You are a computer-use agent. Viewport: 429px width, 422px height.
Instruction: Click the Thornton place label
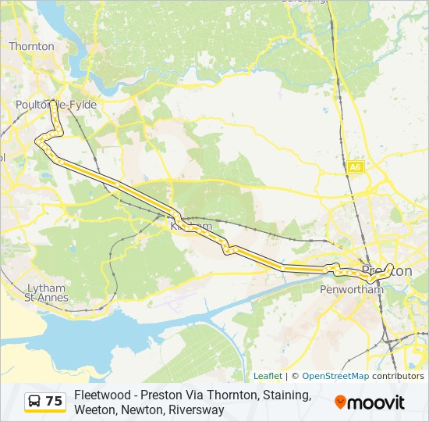pos(31,46)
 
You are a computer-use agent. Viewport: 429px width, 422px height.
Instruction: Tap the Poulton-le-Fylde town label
pos(56,105)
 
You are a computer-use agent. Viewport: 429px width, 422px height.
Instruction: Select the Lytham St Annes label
pos(47,292)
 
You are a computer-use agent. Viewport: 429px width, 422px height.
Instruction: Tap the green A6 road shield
pos(356,167)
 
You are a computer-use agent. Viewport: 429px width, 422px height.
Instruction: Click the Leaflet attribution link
pos(268,376)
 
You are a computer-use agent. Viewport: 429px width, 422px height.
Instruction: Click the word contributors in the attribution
pos(398,376)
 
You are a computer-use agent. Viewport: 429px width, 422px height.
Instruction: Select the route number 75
pos(54,402)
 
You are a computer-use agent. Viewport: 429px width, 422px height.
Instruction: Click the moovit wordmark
pos(377,402)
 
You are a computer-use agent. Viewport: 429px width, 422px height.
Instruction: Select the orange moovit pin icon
pos(340,402)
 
